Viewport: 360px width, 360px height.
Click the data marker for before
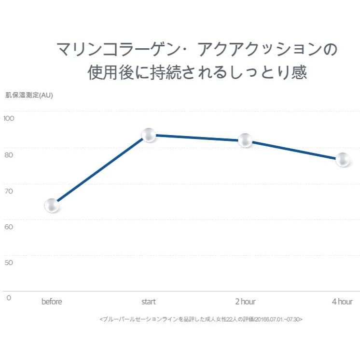[52, 206]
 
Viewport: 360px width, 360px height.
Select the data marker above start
[149, 136]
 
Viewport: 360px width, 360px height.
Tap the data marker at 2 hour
[246, 140]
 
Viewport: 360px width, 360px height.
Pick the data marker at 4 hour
[343, 160]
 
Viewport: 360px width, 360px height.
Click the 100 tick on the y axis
[10, 119]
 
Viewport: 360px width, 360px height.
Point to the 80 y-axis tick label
[10, 155]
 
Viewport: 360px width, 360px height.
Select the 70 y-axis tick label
[10, 191]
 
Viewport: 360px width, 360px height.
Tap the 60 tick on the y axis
[10, 227]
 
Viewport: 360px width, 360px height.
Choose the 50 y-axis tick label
[10, 263]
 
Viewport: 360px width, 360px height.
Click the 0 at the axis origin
[8, 298]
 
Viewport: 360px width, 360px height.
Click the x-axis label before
[52, 302]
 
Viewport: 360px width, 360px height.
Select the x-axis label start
[149, 302]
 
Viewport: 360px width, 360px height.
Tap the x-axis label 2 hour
[246, 302]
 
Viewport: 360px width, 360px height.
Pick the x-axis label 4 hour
[342, 302]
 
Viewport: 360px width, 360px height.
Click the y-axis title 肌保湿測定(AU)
[29, 95]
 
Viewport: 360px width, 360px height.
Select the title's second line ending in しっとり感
[197, 73]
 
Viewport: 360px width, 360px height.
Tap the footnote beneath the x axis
[201, 319]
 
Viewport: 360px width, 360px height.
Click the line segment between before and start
[100, 171]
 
